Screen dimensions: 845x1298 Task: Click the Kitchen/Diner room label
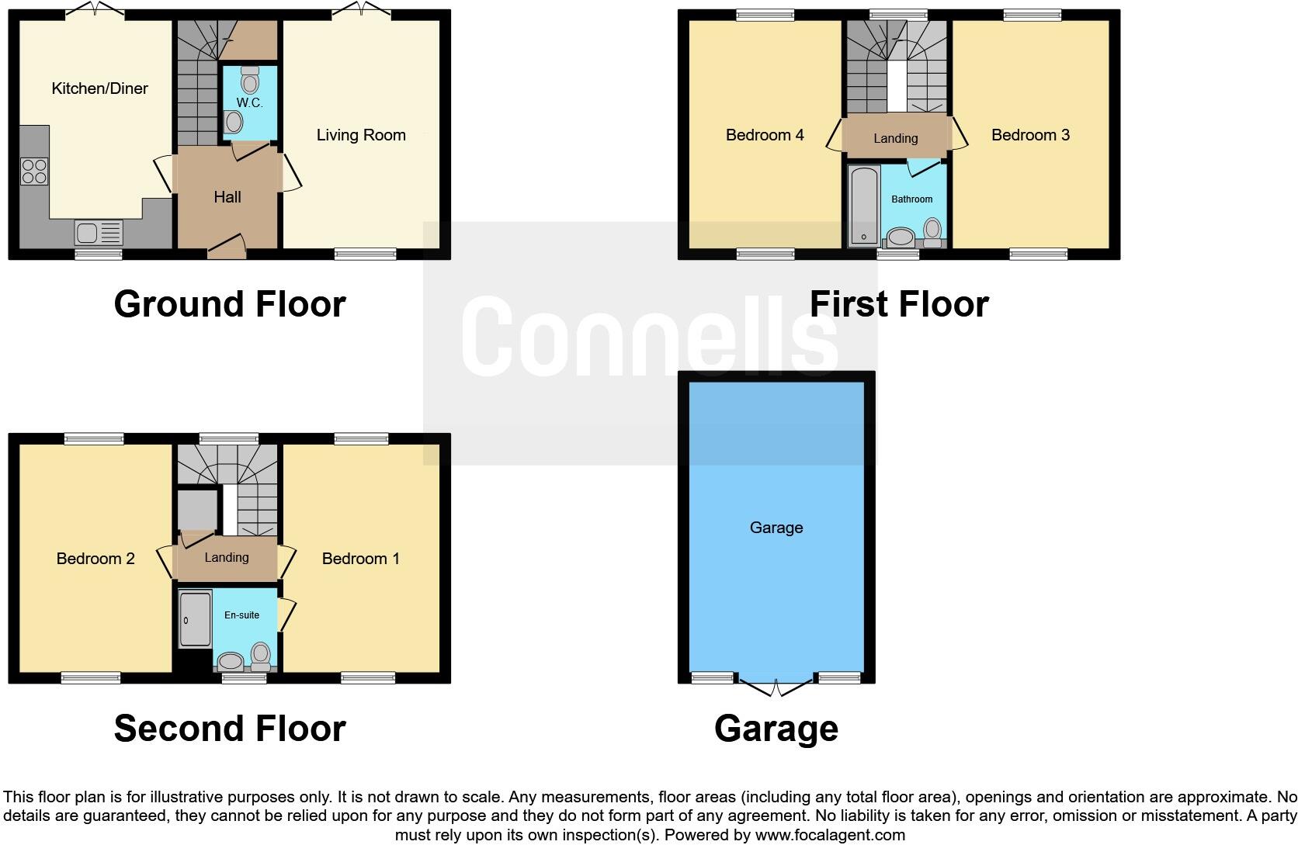pos(99,88)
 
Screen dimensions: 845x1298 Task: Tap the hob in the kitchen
pos(34,171)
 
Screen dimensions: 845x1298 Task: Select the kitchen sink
pos(99,231)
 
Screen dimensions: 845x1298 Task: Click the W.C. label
pos(249,103)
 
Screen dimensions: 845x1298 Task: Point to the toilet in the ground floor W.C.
pos(249,79)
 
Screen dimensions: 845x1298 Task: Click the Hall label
pos(227,197)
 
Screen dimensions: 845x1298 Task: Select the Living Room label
pos(361,135)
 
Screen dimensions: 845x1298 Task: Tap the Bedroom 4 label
pos(765,135)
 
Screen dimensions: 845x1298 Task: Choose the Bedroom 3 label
pos(1030,135)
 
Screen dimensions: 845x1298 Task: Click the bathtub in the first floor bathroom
pos(863,206)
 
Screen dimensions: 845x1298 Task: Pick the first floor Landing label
pos(895,138)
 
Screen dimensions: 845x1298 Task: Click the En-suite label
pos(241,615)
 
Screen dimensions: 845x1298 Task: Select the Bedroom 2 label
pos(95,559)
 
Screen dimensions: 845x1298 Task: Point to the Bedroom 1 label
pos(361,559)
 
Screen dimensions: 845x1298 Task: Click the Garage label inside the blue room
pos(776,528)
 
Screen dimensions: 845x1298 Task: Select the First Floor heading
pos(899,304)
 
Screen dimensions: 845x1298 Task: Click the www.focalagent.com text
pos(830,836)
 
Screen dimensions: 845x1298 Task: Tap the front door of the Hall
pos(227,250)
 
